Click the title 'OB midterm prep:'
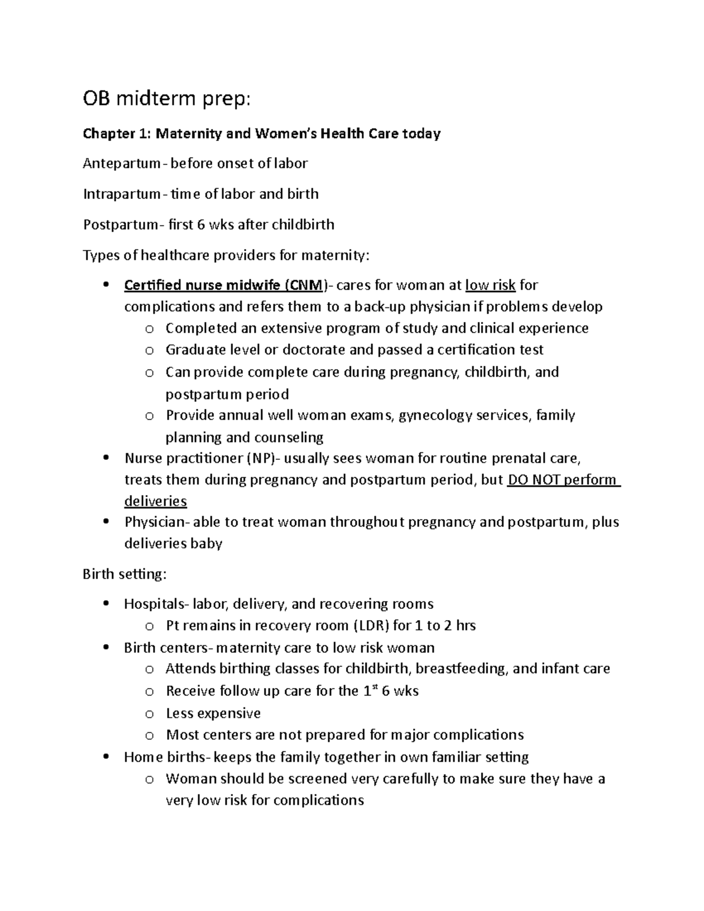pyautogui.click(x=167, y=100)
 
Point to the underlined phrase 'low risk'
pyautogui.click(x=490, y=286)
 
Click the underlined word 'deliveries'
pyautogui.click(x=155, y=501)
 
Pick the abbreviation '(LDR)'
pyautogui.click(x=371, y=626)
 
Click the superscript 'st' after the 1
pyautogui.click(x=374, y=687)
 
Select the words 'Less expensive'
pyautogui.click(x=214, y=713)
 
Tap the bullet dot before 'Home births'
pyautogui.click(x=106, y=757)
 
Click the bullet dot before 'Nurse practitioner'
pyautogui.click(x=106, y=458)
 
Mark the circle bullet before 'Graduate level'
pyautogui.click(x=150, y=351)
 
